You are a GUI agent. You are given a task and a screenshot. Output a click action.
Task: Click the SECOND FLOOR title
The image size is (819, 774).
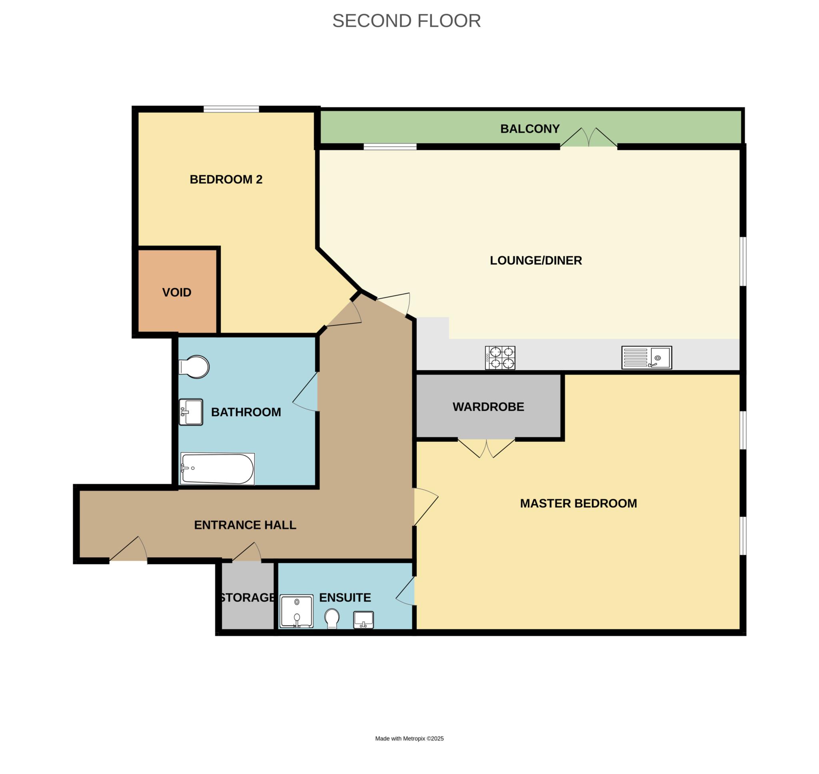(x=406, y=21)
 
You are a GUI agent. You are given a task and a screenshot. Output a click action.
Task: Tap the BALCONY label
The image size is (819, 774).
(x=530, y=129)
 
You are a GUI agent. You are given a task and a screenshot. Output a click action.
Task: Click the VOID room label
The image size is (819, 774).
(x=177, y=293)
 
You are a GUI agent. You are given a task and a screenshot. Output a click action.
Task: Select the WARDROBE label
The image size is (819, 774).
(x=488, y=407)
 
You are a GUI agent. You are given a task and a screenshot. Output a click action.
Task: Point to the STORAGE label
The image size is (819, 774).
(x=247, y=597)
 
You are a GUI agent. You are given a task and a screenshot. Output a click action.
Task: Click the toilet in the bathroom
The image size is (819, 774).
(x=194, y=367)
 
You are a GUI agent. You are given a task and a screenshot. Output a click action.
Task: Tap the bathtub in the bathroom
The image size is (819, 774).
(x=218, y=469)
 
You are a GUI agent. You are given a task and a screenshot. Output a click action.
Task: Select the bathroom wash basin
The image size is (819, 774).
(x=191, y=412)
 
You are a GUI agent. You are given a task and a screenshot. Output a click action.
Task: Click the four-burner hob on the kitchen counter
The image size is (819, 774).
(x=500, y=358)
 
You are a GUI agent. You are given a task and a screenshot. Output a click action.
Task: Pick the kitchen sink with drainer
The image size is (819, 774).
(x=647, y=357)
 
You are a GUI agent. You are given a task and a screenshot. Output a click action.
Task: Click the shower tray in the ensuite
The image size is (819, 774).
(x=297, y=611)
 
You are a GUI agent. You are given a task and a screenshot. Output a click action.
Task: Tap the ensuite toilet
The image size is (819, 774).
(x=332, y=619)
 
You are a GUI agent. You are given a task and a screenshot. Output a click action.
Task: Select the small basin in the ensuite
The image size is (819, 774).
(x=364, y=620)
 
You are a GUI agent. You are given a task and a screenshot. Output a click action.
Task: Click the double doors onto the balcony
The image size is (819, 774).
(x=589, y=138)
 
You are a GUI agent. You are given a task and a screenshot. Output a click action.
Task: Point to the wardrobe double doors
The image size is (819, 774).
(x=486, y=449)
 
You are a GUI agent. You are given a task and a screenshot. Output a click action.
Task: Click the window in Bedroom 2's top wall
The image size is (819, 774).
(x=231, y=109)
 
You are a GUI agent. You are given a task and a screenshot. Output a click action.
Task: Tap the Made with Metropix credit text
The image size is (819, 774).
(x=409, y=738)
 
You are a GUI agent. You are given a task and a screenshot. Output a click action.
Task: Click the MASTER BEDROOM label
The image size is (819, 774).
(x=578, y=503)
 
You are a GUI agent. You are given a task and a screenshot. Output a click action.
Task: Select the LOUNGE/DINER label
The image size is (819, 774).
(x=536, y=260)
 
